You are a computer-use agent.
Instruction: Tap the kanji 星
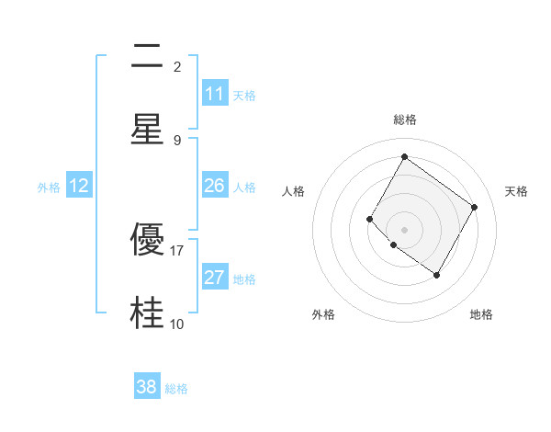point(147,129)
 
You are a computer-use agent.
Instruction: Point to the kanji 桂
point(147,313)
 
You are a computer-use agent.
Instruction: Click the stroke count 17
point(177,250)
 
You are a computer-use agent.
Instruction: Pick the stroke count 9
point(177,140)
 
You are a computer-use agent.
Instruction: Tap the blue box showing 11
point(215,94)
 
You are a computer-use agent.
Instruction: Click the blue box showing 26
point(215,186)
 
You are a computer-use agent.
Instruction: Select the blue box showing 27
point(215,278)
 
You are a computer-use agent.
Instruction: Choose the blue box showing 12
point(79,186)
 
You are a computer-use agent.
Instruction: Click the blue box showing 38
point(147,387)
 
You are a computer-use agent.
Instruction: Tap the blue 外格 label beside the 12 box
point(49,187)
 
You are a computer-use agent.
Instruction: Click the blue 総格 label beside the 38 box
point(176,388)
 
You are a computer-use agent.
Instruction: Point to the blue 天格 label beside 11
point(244,95)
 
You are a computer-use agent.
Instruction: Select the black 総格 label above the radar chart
point(404,119)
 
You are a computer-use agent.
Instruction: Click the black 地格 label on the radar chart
point(481,314)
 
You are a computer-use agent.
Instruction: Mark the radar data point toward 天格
point(474,207)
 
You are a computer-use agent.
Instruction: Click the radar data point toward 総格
point(404,157)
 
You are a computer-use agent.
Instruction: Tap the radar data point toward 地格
point(436,275)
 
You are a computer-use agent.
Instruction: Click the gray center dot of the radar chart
point(404,229)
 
